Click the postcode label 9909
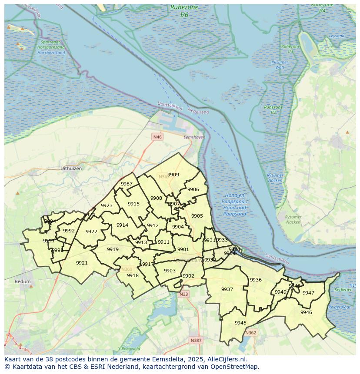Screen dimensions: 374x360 [173, 175]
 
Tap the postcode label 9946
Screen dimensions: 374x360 [306, 312]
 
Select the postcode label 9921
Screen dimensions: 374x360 [82, 263]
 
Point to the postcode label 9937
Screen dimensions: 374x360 [227, 289]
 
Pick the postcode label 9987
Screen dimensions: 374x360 [127, 184]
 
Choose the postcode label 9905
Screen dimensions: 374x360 [197, 216]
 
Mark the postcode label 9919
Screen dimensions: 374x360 [113, 249]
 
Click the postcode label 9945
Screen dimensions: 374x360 [240, 323]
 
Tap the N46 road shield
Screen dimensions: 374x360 [157, 137]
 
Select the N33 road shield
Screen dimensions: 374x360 [184, 294]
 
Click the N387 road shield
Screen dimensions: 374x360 [196, 340]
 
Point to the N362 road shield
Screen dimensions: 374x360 [250, 333]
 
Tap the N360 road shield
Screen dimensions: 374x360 [127, 269]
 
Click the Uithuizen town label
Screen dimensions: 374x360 [71, 168]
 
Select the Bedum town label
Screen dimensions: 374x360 [23, 281]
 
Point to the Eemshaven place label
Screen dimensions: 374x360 [194, 137]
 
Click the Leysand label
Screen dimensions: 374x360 [337, 36]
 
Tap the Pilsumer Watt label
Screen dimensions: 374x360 [280, 65]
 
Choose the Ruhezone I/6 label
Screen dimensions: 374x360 [184, 11]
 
